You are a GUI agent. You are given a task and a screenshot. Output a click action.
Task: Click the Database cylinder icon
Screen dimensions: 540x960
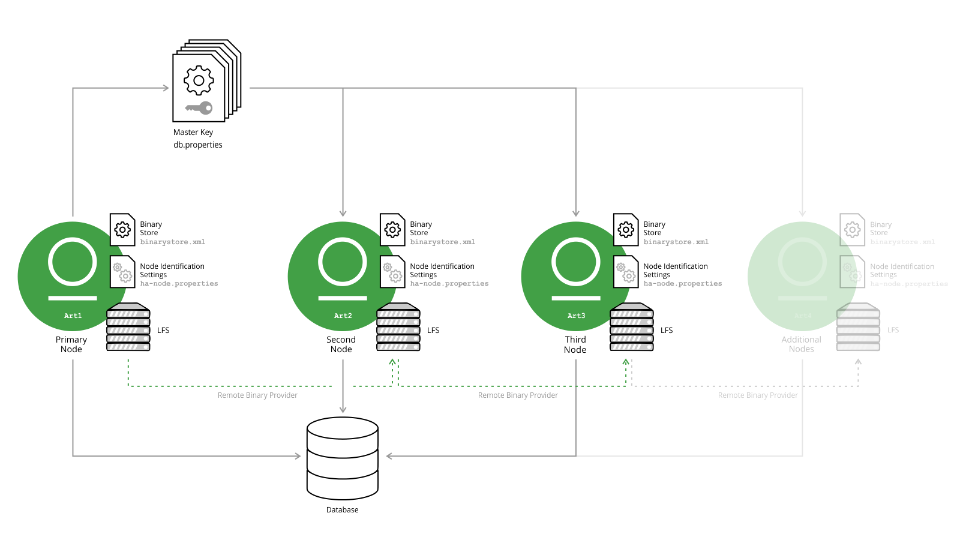pyautogui.click(x=343, y=458)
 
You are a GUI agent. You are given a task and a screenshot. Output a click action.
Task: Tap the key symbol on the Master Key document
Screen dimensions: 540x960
pyautogui.click(x=199, y=108)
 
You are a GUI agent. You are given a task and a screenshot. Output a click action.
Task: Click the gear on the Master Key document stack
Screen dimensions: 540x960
pyautogui.click(x=199, y=80)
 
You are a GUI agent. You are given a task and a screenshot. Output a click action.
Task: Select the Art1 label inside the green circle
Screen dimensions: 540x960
pyautogui.click(x=73, y=316)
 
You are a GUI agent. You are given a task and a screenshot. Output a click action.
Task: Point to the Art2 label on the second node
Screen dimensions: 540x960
pyautogui.click(x=343, y=316)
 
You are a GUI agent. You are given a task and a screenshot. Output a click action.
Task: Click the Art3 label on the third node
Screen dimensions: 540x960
pyautogui.click(x=576, y=316)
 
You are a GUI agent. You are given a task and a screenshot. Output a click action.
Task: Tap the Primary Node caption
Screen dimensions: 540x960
pyautogui.click(x=71, y=344)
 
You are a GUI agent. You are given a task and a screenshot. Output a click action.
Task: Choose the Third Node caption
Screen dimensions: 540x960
pyautogui.click(x=575, y=344)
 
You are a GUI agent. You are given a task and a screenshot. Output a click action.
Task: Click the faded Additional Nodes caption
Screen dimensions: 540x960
pyautogui.click(x=801, y=344)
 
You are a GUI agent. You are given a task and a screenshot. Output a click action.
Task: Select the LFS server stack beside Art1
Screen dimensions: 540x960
pyautogui.click(x=128, y=327)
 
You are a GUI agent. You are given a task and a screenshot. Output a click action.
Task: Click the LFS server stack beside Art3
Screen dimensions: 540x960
pyautogui.click(x=632, y=327)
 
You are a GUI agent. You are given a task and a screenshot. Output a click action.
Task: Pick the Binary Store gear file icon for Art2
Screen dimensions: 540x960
pyautogui.click(x=392, y=229)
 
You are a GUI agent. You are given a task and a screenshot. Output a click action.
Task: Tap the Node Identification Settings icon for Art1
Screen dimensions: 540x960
pyautogui.click(x=122, y=271)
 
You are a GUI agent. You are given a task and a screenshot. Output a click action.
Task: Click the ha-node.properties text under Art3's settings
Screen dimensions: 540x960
pyautogui.click(x=682, y=284)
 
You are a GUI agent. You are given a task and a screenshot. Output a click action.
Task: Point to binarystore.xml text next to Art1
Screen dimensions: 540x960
pyautogui.click(x=173, y=242)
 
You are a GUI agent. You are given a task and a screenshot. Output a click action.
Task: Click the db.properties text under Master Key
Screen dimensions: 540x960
pyautogui.click(x=198, y=145)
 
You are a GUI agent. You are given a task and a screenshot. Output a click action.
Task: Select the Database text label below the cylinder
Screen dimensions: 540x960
pyautogui.click(x=342, y=510)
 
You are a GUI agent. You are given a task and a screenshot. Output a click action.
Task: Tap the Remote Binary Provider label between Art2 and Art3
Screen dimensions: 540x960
pyautogui.click(x=518, y=395)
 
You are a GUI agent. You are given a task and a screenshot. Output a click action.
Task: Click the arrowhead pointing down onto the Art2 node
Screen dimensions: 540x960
pyautogui.click(x=343, y=213)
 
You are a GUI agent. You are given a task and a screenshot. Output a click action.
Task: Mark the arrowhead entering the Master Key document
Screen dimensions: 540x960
pyautogui.click(x=166, y=88)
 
